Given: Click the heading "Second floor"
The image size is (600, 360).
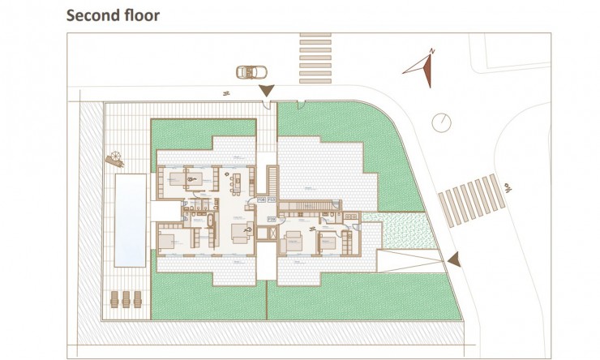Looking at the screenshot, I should click(113, 15).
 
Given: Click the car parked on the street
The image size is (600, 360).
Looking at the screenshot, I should click(246, 72).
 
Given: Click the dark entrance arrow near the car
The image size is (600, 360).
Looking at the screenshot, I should click(266, 92).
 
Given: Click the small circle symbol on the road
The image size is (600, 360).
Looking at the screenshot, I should click(440, 122).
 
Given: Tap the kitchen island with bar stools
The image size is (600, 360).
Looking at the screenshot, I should click(239, 178).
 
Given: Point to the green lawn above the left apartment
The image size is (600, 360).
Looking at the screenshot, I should click(203, 132).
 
